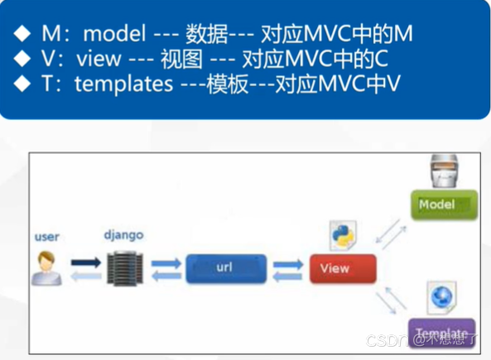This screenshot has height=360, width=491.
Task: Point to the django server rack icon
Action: (x=124, y=265)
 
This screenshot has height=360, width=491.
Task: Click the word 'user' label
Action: (x=47, y=237)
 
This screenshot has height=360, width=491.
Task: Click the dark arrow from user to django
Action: (x=84, y=262)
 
